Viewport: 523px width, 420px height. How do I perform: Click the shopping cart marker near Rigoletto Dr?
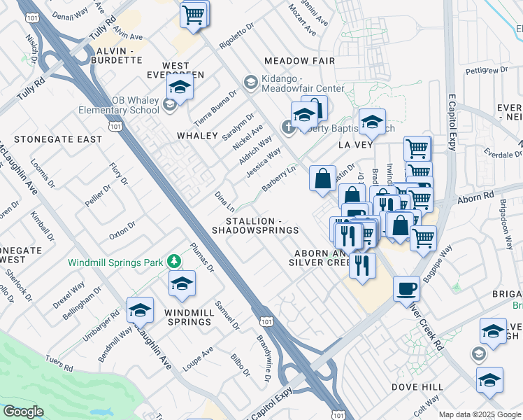pyautogui.click(x=194, y=14)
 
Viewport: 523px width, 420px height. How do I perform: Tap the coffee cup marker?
pyautogui.click(x=406, y=288)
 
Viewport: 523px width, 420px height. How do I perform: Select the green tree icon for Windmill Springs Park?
pyautogui.click(x=174, y=262)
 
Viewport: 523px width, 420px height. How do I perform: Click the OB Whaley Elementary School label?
pyautogui.click(x=125, y=105)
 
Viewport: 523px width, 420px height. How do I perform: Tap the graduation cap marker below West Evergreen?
pyautogui.click(x=180, y=88)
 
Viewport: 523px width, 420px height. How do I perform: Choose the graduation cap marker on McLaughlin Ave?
pyautogui.click(x=140, y=309)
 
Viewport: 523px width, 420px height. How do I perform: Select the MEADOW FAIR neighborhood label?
pyautogui.click(x=300, y=61)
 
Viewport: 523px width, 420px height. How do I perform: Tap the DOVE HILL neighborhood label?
pyautogui.click(x=417, y=386)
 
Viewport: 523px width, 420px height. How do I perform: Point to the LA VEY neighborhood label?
pyautogui.click(x=352, y=144)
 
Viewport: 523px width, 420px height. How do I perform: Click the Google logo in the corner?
pyautogui.click(x=24, y=412)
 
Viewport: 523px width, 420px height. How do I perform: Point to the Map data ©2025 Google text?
pyautogui.click(x=480, y=414)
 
